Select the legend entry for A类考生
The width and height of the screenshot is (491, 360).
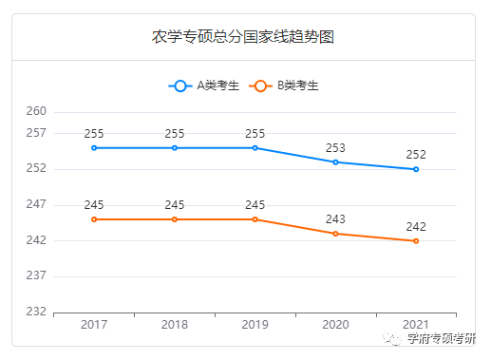coord(206,85)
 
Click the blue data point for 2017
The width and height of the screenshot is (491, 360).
coord(94,148)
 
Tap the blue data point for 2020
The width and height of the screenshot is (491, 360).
coord(335,162)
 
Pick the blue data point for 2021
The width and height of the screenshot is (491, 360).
coord(416,169)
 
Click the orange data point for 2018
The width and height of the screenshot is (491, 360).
coord(175,219)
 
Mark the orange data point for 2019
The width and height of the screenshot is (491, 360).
coord(255,219)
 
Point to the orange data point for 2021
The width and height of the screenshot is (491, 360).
coord(416,241)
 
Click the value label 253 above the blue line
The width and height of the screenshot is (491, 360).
coord(335,148)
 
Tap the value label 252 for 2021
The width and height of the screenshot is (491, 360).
coord(416,155)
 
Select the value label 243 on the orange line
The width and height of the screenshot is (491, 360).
coord(335,219)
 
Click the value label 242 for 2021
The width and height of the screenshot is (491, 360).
coord(416,227)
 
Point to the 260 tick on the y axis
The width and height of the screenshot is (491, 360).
coord(36,112)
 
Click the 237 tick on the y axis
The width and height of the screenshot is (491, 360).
coord(36,276)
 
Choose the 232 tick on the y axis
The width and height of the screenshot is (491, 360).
coord(36,312)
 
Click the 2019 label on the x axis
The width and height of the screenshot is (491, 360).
coord(255,326)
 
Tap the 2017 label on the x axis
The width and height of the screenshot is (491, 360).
coord(94,326)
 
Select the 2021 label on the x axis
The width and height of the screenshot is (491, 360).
coord(416,326)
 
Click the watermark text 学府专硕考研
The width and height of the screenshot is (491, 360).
coord(441,339)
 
